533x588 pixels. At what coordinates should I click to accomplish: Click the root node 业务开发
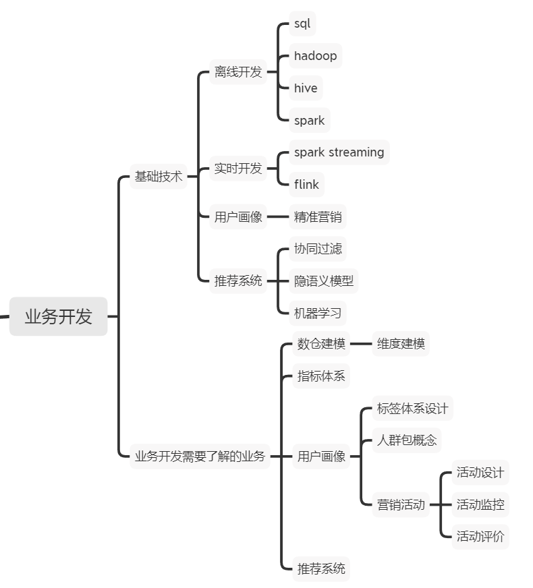pyautogui.click(x=58, y=316)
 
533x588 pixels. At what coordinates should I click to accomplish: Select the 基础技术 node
pyautogui.click(x=159, y=177)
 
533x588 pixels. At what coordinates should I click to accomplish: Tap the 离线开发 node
pyautogui.click(x=238, y=72)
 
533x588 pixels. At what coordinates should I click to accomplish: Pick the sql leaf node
pyautogui.click(x=302, y=24)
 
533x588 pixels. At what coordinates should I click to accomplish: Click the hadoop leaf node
pyautogui.click(x=315, y=56)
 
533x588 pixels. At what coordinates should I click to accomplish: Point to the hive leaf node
pyautogui.click(x=306, y=88)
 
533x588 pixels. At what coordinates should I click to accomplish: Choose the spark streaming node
pyautogui.click(x=339, y=152)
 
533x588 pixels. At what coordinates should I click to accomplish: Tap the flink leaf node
pyautogui.click(x=306, y=184)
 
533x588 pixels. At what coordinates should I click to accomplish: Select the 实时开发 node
pyautogui.click(x=238, y=169)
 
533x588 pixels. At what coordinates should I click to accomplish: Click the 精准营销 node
pyautogui.click(x=318, y=217)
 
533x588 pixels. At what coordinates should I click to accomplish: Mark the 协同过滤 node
pyautogui.click(x=318, y=249)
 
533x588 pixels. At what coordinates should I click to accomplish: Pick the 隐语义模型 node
pyautogui.click(x=323, y=281)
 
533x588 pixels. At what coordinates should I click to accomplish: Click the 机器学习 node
pyautogui.click(x=318, y=313)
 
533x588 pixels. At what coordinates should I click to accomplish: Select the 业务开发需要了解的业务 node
pyautogui.click(x=200, y=456)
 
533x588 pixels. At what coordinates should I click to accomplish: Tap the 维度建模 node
pyautogui.click(x=401, y=344)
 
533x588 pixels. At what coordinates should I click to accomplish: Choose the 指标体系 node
pyautogui.click(x=321, y=376)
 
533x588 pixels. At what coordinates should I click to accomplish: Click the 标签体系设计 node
pyautogui.click(x=412, y=409)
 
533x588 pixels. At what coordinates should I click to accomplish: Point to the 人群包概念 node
pyautogui.click(x=407, y=440)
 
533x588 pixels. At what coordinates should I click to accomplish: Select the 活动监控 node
pyautogui.click(x=480, y=504)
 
